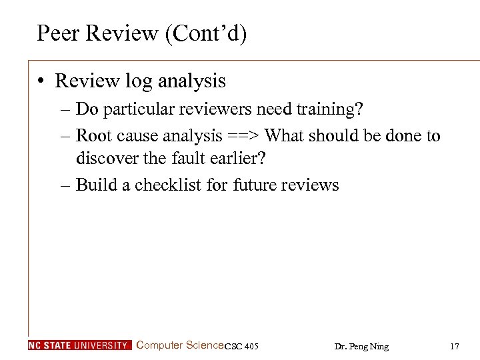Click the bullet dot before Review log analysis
coord(41,81)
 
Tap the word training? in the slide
coord(329,109)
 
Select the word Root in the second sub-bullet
coord(93,136)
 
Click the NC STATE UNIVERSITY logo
coord(80,345)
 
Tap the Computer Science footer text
coord(179,345)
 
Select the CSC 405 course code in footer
coord(241,347)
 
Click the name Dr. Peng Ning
coord(361,347)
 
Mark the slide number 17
coord(455,347)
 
